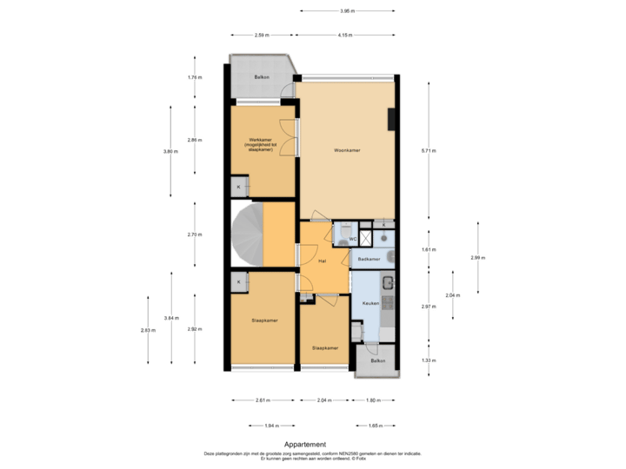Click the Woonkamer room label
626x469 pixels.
pyautogui.click(x=347, y=150)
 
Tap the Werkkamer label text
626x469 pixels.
pyautogui.click(x=261, y=144)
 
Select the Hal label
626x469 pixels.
pyautogui.click(x=322, y=260)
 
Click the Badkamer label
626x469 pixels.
pyautogui.click(x=369, y=259)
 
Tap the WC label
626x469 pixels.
pyautogui.click(x=352, y=239)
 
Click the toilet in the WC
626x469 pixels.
pyautogui.click(x=341, y=237)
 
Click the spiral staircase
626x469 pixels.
pyautogui.click(x=246, y=234)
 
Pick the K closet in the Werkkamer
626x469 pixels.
pyautogui.click(x=239, y=187)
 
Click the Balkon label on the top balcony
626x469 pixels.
pyautogui.click(x=261, y=77)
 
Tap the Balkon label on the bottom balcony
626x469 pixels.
pyautogui.click(x=377, y=360)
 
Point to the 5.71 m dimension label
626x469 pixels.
pyautogui.click(x=429, y=150)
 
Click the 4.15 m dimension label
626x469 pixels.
pyautogui.click(x=345, y=35)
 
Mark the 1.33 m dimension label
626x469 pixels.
pyautogui.click(x=429, y=360)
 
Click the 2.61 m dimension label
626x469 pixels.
pyautogui.click(x=263, y=400)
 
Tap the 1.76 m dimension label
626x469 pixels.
pyautogui.click(x=195, y=77)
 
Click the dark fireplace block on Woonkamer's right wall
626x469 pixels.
pyautogui.click(x=393, y=118)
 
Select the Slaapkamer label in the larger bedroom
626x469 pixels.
pyautogui.click(x=263, y=320)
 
